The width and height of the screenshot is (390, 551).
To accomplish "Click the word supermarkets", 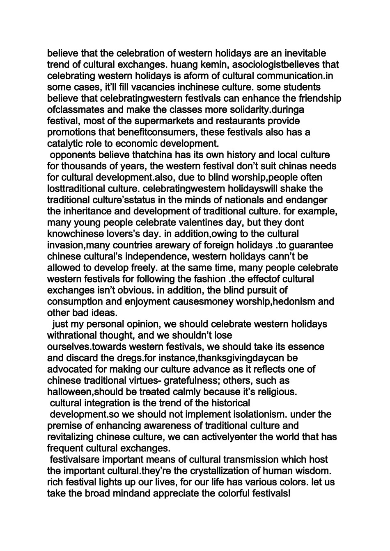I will tap(168, 121).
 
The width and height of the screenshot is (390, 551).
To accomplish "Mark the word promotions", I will tap(71, 132).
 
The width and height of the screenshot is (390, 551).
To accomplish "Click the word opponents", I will tap(71, 155).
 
